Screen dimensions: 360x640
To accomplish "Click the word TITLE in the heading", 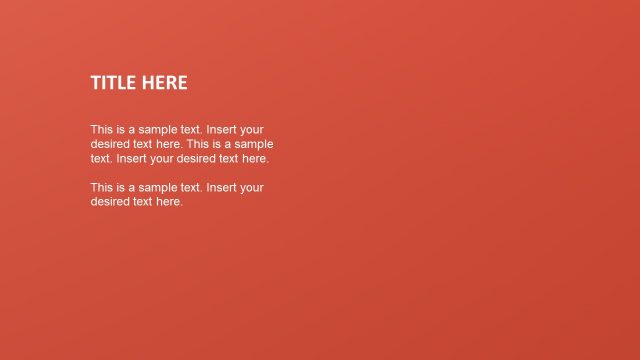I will (114, 83).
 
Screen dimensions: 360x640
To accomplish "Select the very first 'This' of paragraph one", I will (101, 130).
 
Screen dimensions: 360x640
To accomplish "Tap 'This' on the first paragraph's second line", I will (197, 144).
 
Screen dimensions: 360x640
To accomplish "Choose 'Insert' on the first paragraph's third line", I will (133, 158).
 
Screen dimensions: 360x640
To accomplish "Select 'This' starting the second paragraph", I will (101, 187).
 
